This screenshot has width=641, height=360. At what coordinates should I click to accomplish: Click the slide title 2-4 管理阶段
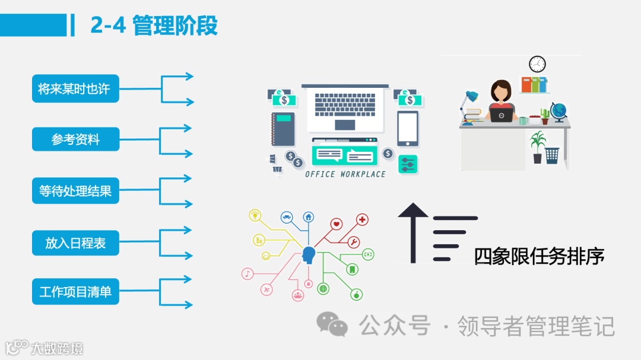coord(154,26)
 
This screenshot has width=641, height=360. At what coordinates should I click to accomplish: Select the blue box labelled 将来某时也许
coord(75,89)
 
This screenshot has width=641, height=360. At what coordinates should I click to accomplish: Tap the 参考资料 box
coord(75,140)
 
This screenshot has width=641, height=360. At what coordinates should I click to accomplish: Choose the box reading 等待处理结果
coord(75,191)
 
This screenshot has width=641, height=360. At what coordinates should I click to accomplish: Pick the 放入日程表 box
coord(75,243)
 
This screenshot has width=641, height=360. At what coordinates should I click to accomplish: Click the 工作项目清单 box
coord(75,292)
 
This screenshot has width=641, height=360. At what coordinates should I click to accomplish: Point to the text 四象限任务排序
coord(539,256)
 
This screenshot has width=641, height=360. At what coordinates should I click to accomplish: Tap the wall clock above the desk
coord(537,64)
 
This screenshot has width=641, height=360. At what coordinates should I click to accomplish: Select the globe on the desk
coord(559,111)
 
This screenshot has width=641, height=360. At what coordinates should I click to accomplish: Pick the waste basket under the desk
coord(552,155)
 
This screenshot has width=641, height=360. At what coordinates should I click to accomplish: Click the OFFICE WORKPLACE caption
coord(345,174)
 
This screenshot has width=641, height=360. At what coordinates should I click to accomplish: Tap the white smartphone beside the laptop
coord(408,128)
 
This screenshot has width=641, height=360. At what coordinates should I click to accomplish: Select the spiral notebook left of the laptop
coord(283,129)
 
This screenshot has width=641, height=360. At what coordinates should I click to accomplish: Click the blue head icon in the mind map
coord(308,255)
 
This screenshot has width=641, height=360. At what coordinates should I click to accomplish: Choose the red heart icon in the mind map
coord(337,224)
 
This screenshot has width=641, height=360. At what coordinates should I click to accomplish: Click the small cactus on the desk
coord(545,115)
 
